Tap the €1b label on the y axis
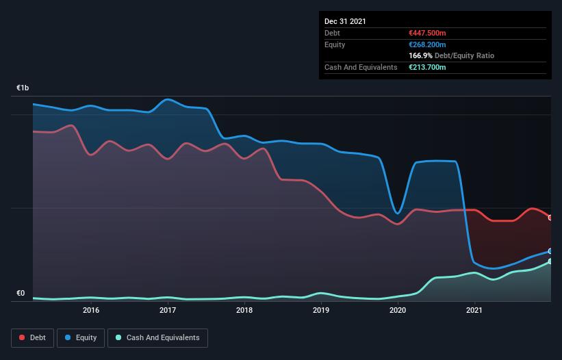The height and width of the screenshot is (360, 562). [23, 88]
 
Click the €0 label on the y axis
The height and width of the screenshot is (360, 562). [21, 294]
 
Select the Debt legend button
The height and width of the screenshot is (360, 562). [31, 337]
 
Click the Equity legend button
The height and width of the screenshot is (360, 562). [81, 337]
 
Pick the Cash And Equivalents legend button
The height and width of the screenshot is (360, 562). [157, 337]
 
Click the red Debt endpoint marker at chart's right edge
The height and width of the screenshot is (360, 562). [550, 218]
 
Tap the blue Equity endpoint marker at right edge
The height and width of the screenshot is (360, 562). [550, 251]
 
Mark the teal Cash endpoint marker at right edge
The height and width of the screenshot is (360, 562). [550, 261]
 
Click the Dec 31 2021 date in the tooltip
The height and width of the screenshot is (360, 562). [345, 21]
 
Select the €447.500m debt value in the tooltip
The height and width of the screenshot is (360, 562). [426, 33]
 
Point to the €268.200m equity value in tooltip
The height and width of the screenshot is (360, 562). [426, 44]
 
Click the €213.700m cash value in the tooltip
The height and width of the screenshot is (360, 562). [426, 67]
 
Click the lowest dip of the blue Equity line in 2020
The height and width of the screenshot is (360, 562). [398, 214]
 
